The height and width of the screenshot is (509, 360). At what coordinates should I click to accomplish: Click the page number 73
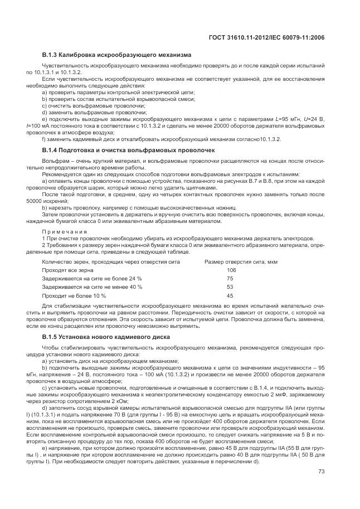click(x=321, y=471)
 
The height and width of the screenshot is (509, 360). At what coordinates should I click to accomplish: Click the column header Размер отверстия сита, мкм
click(x=241, y=261)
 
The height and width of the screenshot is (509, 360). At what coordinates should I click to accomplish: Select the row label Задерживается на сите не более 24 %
click(x=92, y=278)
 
